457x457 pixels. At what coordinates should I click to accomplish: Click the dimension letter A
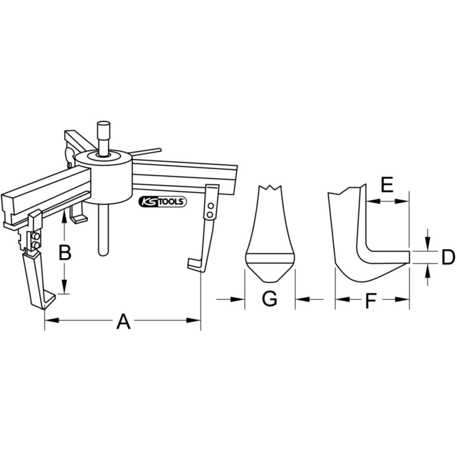tap(123, 321)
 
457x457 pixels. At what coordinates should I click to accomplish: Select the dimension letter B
tap(65, 252)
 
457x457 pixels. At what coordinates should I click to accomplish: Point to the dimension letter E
tap(387, 184)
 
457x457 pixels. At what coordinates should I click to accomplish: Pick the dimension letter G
tap(270, 299)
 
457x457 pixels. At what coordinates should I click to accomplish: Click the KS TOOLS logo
tap(163, 202)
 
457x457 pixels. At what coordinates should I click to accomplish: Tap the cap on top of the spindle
tap(104, 131)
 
